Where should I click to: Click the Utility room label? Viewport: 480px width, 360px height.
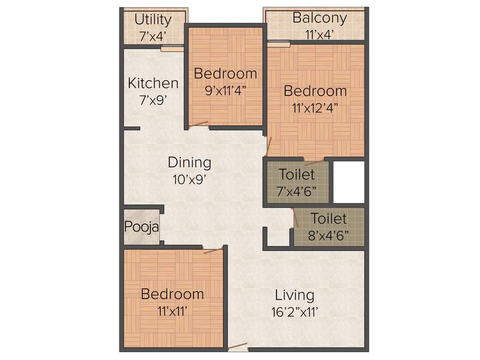tap(153, 20)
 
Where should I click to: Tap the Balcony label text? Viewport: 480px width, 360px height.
tap(320, 18)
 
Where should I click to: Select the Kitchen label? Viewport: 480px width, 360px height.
tap(153, 83)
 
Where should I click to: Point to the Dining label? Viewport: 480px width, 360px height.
tap(189, 163)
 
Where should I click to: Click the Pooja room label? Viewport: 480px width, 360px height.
tap(142, 227)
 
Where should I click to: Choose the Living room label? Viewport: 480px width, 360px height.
tap(294, 295)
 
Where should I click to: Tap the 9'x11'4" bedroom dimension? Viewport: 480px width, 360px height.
tap(226, 90)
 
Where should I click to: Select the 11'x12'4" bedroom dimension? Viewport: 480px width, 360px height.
tap(315, 107)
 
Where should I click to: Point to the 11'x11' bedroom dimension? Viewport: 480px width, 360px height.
tap(172, 310)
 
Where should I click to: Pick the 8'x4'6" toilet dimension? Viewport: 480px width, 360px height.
tap(329, 235)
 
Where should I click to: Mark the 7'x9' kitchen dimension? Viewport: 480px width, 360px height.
tap(153, 100)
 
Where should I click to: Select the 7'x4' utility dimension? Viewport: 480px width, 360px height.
tap(153, 36)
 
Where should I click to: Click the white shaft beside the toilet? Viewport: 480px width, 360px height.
tap(349, 182)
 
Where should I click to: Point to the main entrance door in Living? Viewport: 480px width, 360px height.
tap(238, 347)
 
